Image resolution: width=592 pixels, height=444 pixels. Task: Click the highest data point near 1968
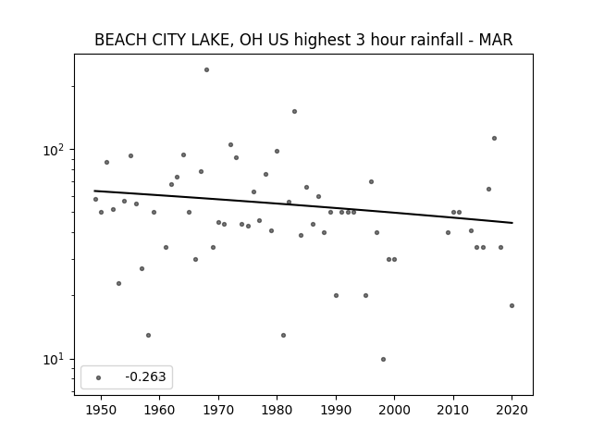click(x=206, y=70)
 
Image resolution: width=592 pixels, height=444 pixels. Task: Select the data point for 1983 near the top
click(x=294, y=111)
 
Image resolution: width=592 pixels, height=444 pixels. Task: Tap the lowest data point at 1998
click(x=383, y=360)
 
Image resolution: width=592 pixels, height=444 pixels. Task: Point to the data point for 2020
click(x=512, y=306)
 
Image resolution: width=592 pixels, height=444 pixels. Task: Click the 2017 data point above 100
click(x=494, y=138)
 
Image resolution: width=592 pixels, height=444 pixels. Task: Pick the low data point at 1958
click(x=148, y=335)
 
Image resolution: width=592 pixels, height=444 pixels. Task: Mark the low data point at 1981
click(x=284, y=335)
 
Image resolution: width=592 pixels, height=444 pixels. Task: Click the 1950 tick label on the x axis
click(x=101, y=410)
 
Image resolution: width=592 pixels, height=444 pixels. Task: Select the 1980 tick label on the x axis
click(x=277, y=410)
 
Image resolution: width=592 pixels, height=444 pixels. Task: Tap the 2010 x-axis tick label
click(x=453, y=410)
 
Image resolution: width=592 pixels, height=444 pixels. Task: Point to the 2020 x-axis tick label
click(x=512, y=410)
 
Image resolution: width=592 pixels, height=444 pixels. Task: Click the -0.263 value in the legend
click(x=146, y=376)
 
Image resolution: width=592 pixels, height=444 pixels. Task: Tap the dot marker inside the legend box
click(x=99, y=377)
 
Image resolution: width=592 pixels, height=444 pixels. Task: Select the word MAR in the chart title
click(x=496, y=40)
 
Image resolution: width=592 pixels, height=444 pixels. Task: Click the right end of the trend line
click(x=512, y=223)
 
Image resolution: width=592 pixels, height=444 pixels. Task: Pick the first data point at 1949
click(x=95, y=200)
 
